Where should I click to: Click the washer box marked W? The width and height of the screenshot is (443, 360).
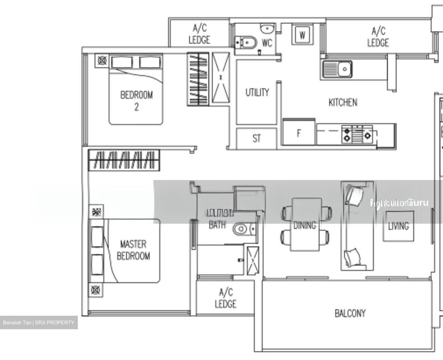coord(302,35)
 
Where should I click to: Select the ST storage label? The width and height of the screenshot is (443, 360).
coord(257,139)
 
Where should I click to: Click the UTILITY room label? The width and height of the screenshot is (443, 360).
coord(257,92)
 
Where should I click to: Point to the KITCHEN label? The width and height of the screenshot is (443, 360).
coord(343,102)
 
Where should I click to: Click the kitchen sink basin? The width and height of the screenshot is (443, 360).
coord(344,69)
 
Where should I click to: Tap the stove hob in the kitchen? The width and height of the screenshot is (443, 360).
coord(359,135)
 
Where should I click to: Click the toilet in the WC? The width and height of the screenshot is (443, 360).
coord(246,42)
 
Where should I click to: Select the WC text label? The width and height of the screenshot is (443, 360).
coord(267,43)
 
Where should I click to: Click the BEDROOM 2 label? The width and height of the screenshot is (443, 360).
coord(136,100)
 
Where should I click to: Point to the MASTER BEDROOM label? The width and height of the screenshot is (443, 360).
coord(133,250)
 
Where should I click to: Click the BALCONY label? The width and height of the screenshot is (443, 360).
coord(350,313)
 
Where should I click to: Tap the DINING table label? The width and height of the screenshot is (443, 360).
coord(305,225)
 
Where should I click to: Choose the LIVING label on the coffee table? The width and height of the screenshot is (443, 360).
coord(398,227)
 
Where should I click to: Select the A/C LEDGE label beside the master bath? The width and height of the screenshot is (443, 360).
coord(225,298)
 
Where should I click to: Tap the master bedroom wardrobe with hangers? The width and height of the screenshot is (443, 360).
coord(124,160)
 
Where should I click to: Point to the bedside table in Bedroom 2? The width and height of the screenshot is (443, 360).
coord(102,60)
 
